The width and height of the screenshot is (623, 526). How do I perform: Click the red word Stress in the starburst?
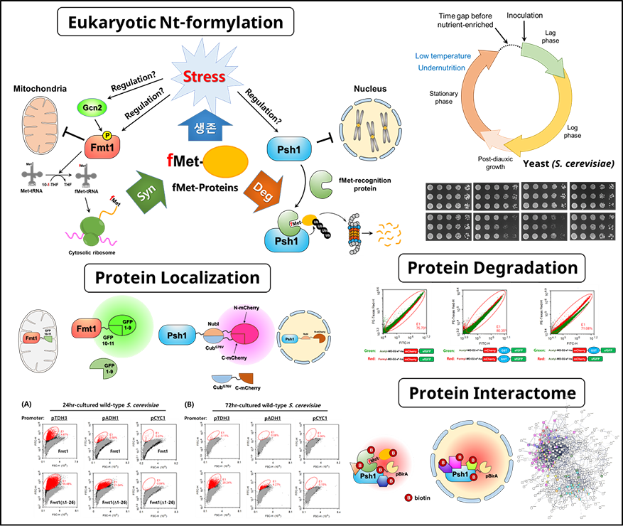click(x=205, y=76)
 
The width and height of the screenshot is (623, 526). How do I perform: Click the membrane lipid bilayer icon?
click(x=359, y=232)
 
